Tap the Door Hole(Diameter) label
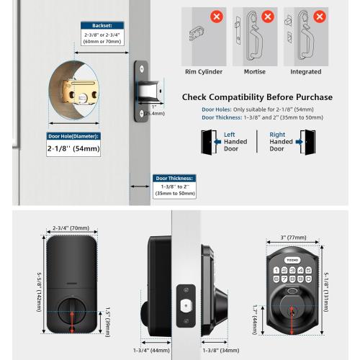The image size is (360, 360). pyautogui.click(x=72, y=135)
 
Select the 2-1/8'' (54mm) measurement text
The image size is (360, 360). pyautogui.click(x=73, y=149)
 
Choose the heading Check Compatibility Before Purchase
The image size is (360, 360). pyautogui.click(x=257, y=97)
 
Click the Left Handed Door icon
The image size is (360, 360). pyautogui.click(x=209, y=140)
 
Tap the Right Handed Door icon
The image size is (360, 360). pyautogui.click(x=307, y=140)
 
